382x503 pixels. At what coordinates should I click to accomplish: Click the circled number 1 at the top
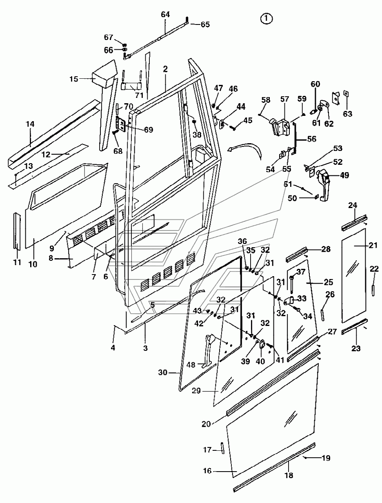(x=266, y=19)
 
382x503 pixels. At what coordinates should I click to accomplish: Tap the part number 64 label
(x=165, y=14)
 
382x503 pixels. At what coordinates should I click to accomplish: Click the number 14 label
(x=30, y=124)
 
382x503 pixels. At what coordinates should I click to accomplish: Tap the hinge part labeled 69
(x=120, y=124)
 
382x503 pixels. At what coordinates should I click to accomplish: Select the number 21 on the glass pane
(x=373, y=246)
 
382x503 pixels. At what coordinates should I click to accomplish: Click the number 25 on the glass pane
(x=328, y=282)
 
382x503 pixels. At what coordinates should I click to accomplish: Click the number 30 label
(x=162, y=372)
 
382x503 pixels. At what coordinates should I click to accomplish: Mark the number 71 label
(x=139, y=95)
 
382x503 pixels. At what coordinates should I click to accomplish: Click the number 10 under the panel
(x=33, y=264)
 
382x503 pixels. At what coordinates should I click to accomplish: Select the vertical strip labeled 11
(x=17, y=231)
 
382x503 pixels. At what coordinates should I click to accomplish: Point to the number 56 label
(x=311, y=139)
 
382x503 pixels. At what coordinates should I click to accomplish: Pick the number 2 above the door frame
(x=165, y=69)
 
